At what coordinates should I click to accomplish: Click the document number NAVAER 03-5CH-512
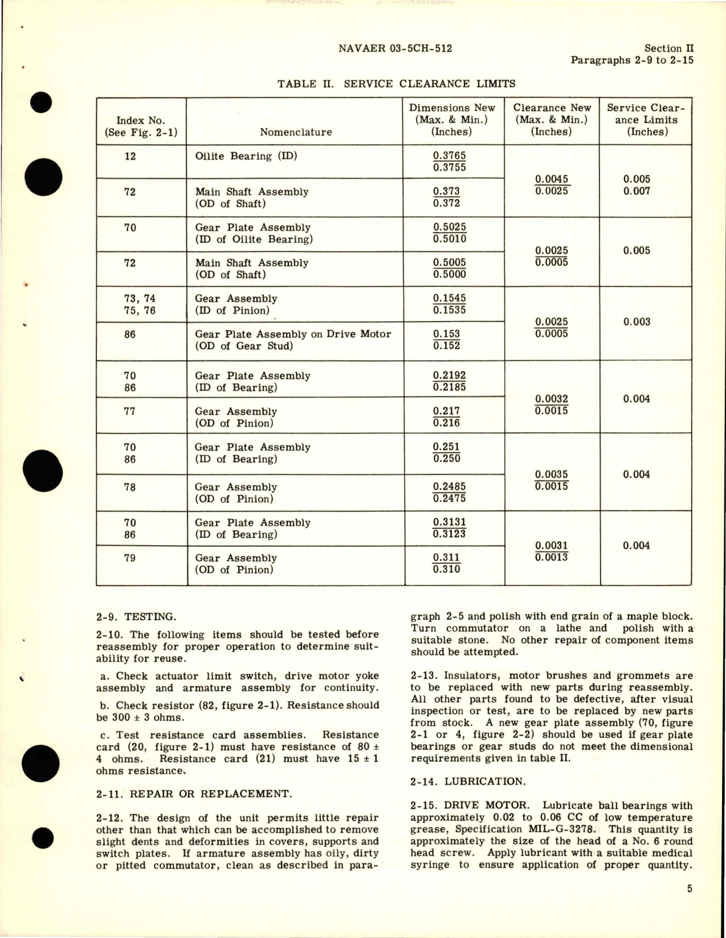(x=395, y=48)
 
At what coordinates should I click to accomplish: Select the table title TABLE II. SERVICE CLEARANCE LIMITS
(x=396, y=84)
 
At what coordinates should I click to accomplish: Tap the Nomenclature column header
(x=296, y=132)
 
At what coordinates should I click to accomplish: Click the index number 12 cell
(x=130, y=156)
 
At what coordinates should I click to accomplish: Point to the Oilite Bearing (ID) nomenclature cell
(x=246, y=156)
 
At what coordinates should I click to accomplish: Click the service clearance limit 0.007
(x=636, y=192)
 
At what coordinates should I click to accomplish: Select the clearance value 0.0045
(x=551, y=179)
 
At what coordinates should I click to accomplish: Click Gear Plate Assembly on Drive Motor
(x=293, y=334)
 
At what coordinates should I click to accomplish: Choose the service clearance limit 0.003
(x=636, y=322)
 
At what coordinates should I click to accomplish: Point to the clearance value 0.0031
(x=551, y=546)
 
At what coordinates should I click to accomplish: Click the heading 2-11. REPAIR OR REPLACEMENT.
(x=193, y=794)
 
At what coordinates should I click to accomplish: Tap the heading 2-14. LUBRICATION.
(x=467, y=782)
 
